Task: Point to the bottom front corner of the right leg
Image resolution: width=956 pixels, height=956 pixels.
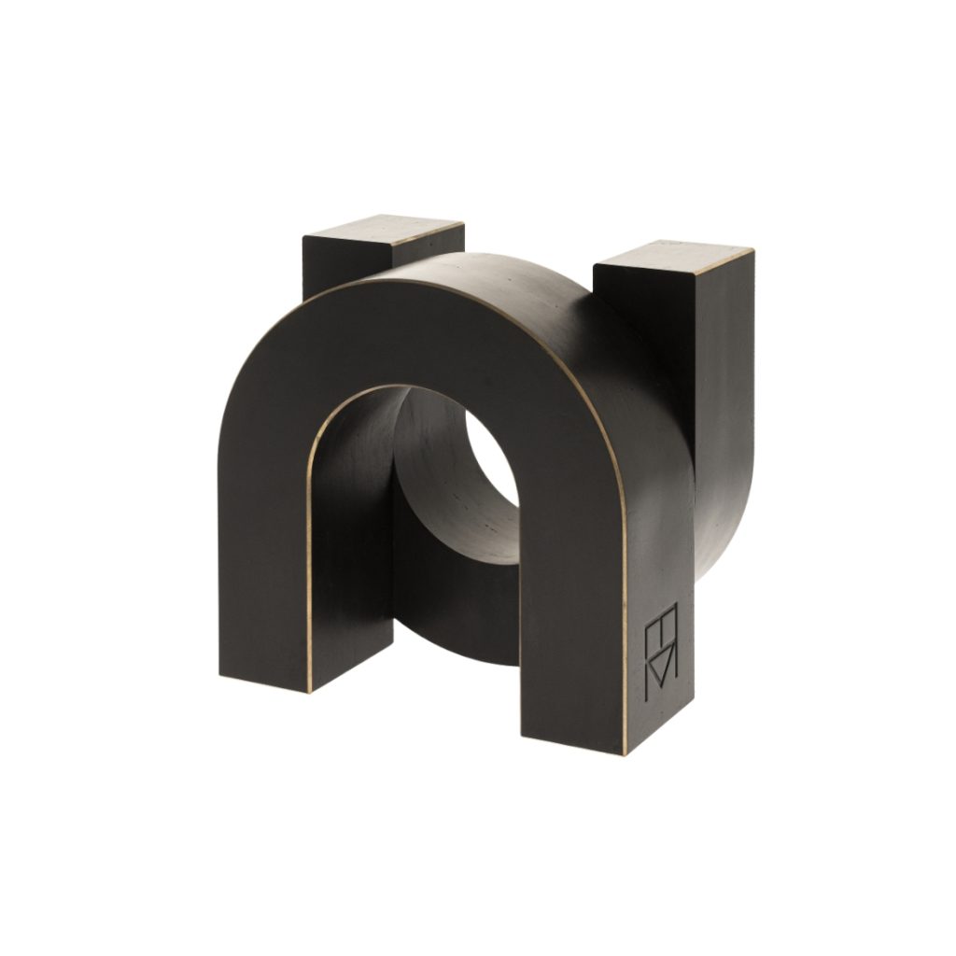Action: point(624,752)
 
